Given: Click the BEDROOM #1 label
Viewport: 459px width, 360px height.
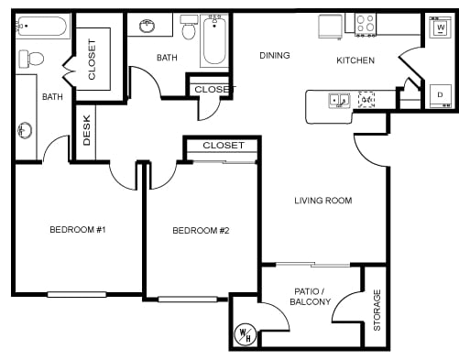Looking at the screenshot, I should pyautogui.click(x=78, y=230).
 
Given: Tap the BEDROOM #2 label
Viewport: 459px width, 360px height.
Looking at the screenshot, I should pyautogui.click(x=201, y=230).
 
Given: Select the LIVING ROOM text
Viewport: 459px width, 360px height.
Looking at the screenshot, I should pyautogui.click(x=322, y=201).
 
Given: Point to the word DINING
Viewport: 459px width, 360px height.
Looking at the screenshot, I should pyautogui.click(x=274, y=56).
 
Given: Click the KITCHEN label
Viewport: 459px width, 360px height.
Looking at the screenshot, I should pyautogui.click(x=355, y=60).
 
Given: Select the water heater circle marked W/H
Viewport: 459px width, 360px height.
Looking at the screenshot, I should pyautogui.click(x=246, y=334).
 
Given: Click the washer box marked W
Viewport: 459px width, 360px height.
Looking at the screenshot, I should pyautogui.click(x=437, y=28).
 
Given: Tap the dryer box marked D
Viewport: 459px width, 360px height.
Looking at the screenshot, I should pyautogui.click(x=439, y=94).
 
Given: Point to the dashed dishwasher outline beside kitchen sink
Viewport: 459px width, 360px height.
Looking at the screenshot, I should pyautogui.click(x=366, y=100).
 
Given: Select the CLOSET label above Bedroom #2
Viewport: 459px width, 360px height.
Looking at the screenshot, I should pyautogui.click(x=224, y=146).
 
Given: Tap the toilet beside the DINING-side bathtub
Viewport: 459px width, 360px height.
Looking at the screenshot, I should pyautogui.click(x=190, y=29).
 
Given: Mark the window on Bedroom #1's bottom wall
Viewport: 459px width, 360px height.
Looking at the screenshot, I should pyautogui.click(x=76, y=294).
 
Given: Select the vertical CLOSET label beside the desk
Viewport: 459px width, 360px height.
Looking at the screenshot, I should pyautogui.click(x=92, y=59).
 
